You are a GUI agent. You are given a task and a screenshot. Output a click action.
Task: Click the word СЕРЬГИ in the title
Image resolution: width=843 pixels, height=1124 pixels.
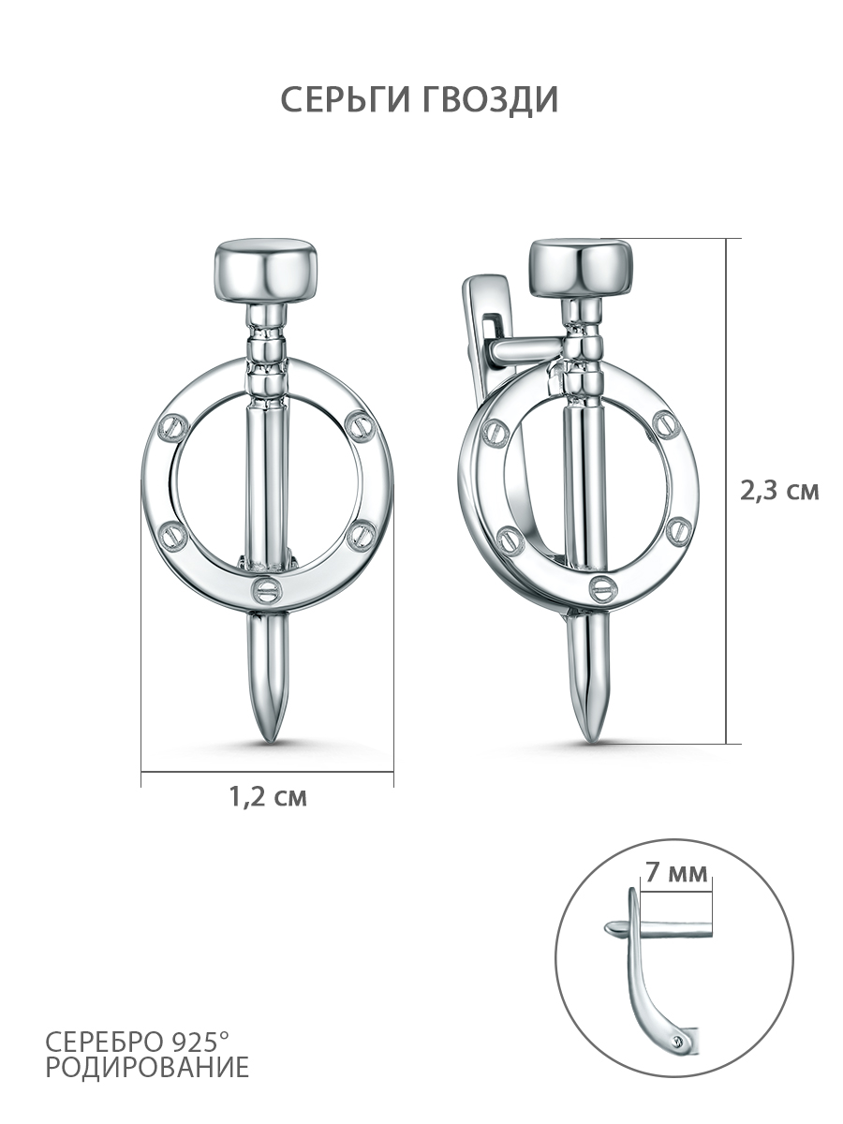pyautogui.click(x=345, y=99)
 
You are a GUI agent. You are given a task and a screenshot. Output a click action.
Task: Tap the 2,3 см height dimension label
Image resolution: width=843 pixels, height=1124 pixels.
pyautogui.click(x=779, y=491)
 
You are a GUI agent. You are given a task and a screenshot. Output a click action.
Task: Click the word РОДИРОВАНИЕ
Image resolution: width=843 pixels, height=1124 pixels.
pyautogui.click(x=148, y=1067)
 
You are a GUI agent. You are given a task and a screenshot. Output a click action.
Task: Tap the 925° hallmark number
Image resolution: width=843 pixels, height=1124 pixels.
pyautogui.click(x=201, y=1040)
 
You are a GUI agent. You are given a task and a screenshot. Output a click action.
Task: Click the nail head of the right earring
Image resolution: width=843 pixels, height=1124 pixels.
pyautogui.click(x=582, y=268)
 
